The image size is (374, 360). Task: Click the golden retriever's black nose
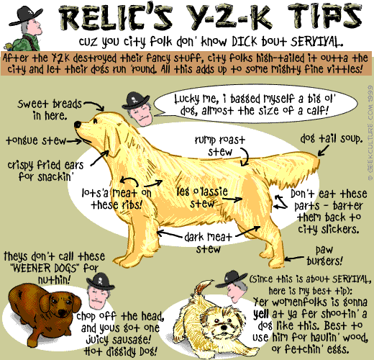pos(78,125)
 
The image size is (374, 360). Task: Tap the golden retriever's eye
pos(96,121)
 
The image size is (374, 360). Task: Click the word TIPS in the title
pos(324,17)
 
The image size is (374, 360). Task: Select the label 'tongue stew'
pos(36,140)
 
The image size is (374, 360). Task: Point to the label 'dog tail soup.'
pos(332,139)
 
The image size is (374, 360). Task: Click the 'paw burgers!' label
pos(324,256)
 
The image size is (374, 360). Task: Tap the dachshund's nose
pos(63,312)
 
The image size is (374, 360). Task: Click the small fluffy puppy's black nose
pos(224,327)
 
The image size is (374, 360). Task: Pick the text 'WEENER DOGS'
pos(45,268)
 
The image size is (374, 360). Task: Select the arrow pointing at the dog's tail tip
pos(323,150)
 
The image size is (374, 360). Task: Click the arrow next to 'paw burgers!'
pos(294,258)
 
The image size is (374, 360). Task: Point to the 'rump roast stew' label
pos(220,146)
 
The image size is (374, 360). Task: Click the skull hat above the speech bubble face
pos(135,101)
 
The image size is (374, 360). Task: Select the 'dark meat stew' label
pos(208,243)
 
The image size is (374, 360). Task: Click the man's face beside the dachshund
pos(99,297)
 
